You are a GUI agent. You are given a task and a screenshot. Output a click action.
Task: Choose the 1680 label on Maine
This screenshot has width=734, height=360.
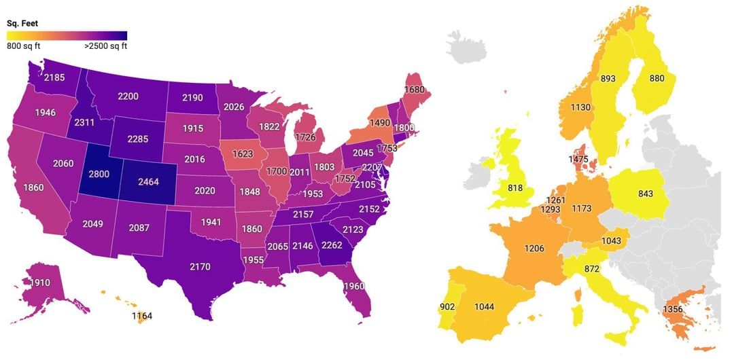point(415,90)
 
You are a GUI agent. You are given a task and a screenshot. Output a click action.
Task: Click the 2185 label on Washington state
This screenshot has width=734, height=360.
point(54,77)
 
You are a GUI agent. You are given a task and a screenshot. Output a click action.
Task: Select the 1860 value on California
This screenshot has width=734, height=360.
point(34,187)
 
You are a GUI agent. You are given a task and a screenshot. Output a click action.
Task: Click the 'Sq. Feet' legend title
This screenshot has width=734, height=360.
point(22,23)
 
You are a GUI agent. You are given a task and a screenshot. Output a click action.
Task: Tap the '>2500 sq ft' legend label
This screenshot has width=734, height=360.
point(105,47)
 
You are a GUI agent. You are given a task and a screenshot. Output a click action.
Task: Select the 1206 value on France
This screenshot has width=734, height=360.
point(534,249)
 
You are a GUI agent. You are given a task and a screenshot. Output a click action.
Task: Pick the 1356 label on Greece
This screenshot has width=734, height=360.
point(674,310)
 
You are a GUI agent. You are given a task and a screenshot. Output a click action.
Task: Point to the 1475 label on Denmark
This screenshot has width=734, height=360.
point(580,159)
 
